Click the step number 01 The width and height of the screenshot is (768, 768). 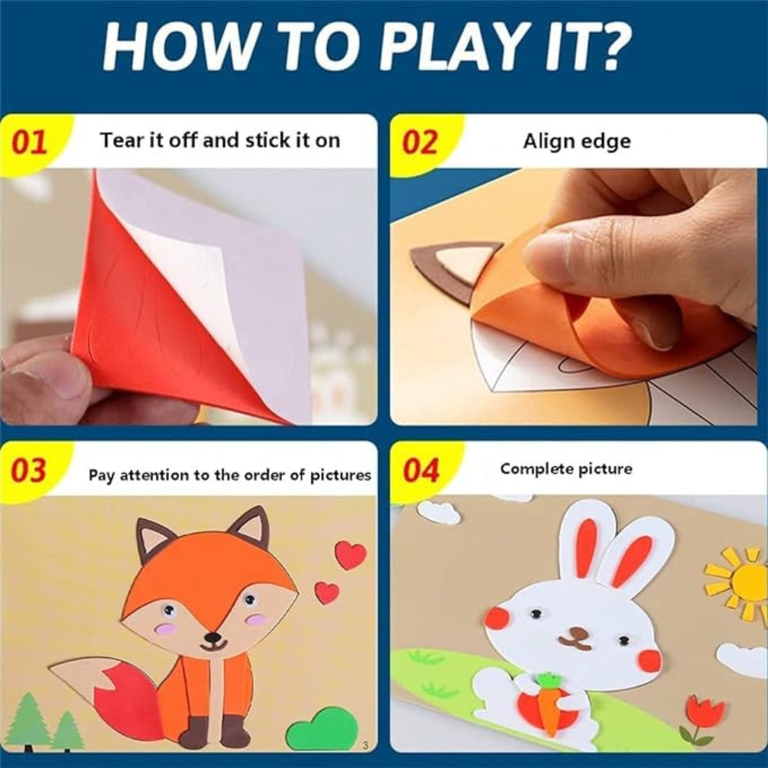[x=29, y=142]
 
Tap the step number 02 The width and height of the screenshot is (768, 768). [x=420, y=142]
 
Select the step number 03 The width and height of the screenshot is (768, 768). [x=29, y=470]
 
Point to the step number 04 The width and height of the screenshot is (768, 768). [x=420, y=470]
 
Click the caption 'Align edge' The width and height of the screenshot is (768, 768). [x=576, y=141]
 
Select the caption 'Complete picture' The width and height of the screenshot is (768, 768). [x=566, y=468]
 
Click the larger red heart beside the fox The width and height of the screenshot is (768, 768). [x=350, y=554]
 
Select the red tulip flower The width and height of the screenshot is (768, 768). [x=704, y=713]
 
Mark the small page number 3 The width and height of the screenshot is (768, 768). [x=365, y=744]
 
